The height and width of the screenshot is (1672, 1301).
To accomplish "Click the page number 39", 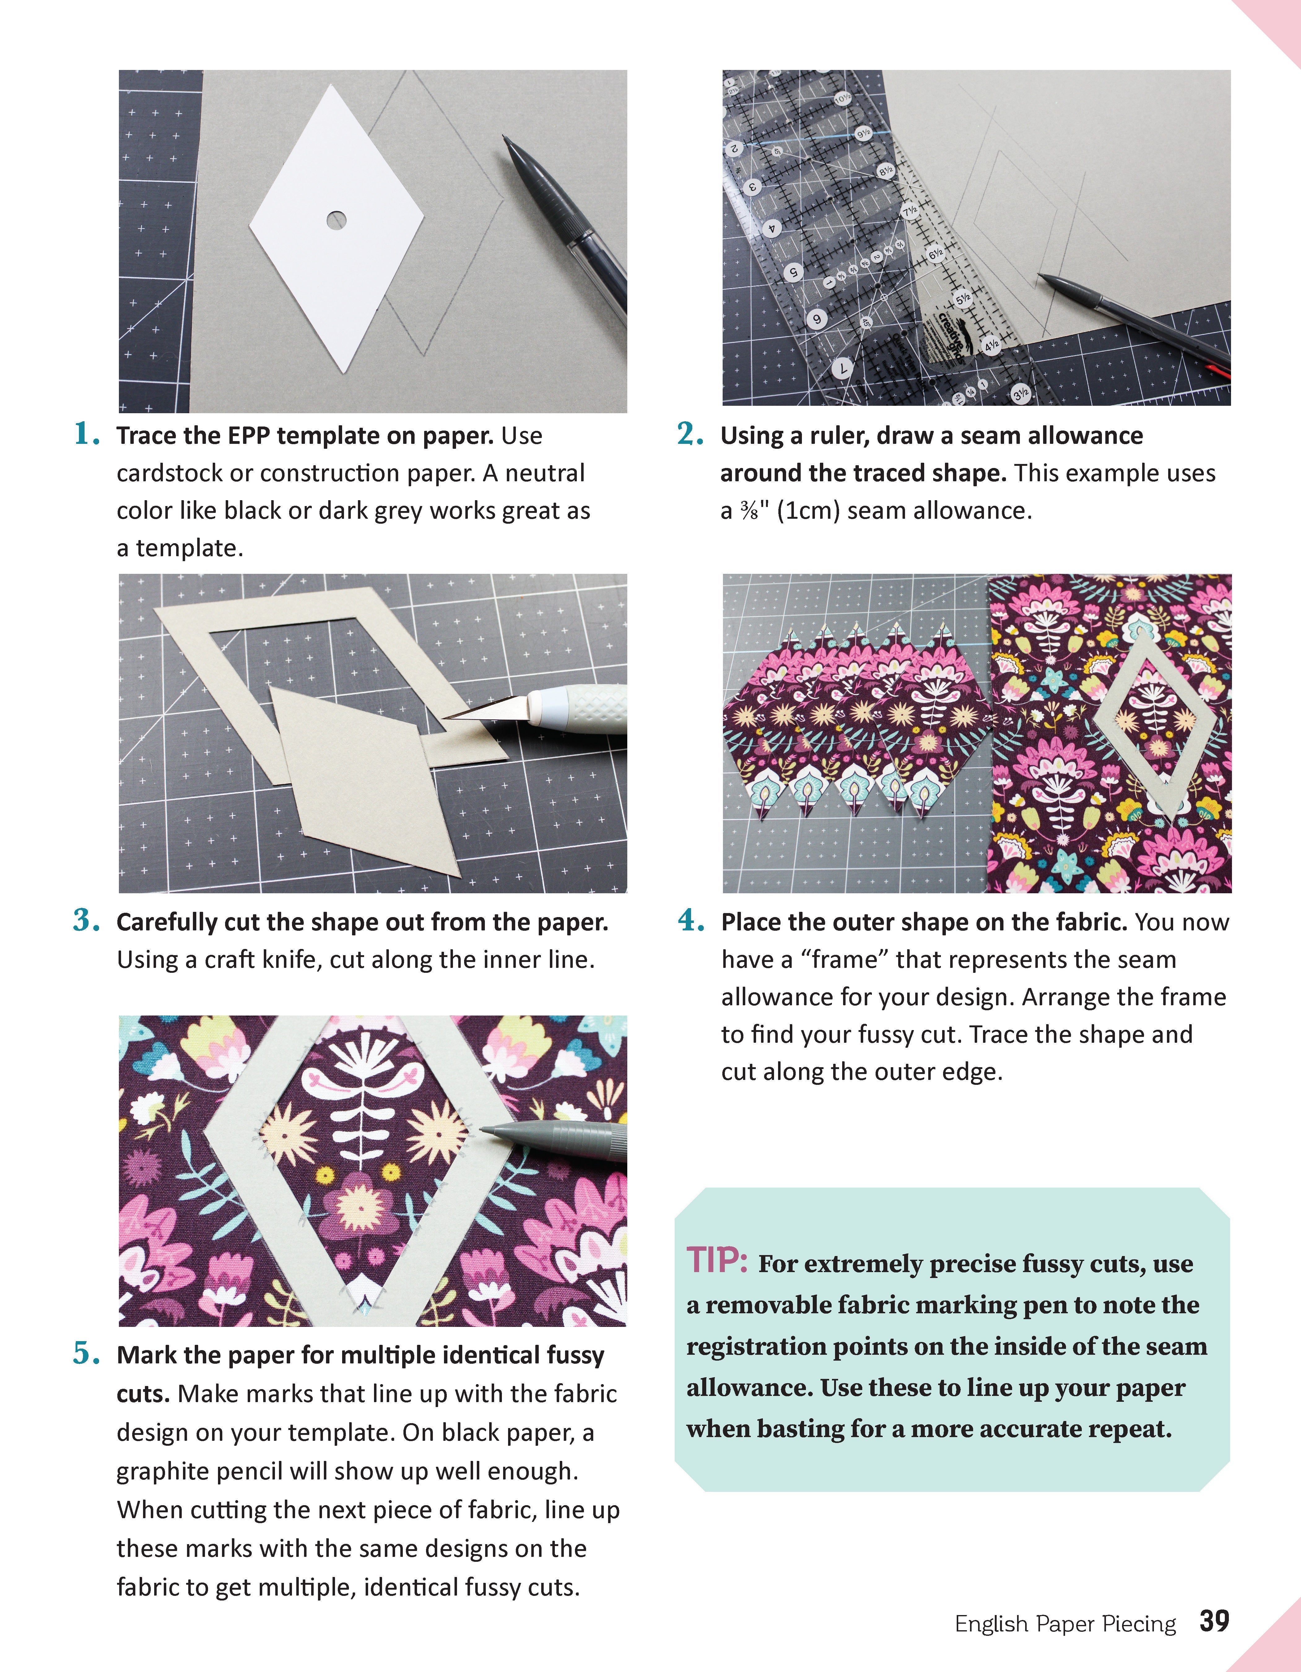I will point(1214,1621).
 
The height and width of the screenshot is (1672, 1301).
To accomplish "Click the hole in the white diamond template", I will point(336,220).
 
